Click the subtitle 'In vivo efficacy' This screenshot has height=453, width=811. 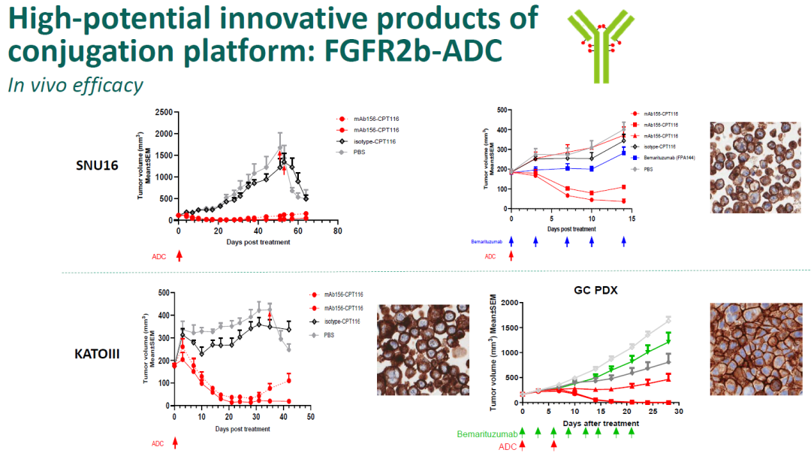pos(75,85)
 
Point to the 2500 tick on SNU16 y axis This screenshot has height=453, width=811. pos(161,113)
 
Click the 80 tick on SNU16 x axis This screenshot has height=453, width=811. pos(338,231)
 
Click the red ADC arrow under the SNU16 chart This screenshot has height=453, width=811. pos(179,255)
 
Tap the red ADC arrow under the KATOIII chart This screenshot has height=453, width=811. pos(175,442)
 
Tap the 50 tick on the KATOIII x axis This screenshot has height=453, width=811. pos(310,415)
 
